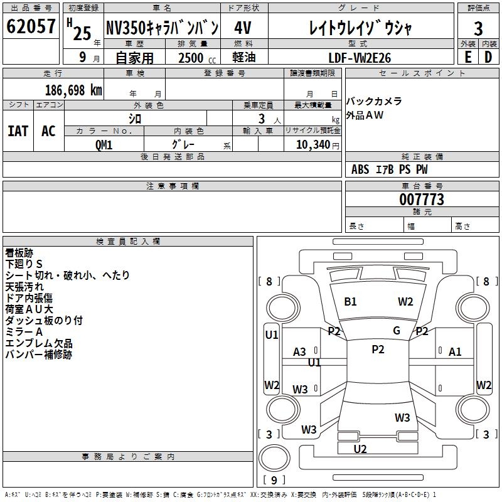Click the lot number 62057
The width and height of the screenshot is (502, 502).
coord(31,27)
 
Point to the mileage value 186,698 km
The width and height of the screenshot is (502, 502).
coord(73,90)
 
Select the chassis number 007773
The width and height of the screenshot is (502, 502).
coord(422,200)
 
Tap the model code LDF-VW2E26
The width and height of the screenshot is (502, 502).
coord(360,58)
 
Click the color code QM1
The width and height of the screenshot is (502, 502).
coord(104,144)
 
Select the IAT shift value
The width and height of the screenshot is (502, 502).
coord(18,131)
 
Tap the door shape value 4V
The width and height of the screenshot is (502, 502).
coord(244,28)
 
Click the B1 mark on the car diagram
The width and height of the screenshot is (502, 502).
coord(350,302)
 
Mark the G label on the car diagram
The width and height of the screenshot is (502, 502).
coord(397,331)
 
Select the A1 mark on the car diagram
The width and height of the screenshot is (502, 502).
coord(455,352)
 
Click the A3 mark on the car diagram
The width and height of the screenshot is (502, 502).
coord(300,352)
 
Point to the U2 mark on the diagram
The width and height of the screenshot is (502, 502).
coord(360,449)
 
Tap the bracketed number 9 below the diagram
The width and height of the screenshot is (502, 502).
coord(274,480)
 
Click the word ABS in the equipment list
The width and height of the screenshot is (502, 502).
coord(360,169)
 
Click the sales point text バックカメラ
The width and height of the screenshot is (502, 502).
coord(374,102)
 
